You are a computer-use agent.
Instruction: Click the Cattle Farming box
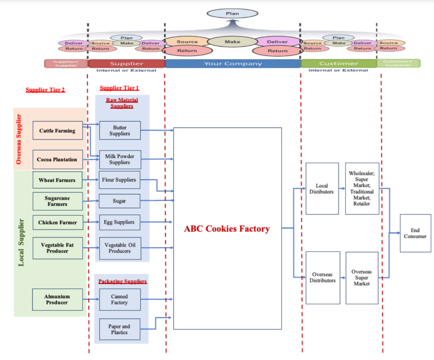coord(57,130)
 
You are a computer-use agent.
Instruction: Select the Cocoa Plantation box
coord(57,160)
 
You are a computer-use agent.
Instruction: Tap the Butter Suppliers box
coord(120,130)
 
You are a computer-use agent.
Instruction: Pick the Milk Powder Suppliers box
coord(120,159)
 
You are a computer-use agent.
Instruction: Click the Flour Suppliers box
coord(120,180)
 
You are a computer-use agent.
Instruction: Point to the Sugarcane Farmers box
coord(57,201)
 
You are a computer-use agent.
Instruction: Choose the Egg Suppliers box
coord(120,222)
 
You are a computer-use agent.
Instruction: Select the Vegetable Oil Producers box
coord(120,248)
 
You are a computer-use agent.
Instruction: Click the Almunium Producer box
coord(57,299)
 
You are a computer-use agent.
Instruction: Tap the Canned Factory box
coord(120,299)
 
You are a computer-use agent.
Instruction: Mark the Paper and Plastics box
coord(120,330)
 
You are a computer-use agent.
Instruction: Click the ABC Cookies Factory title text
coord(227,229)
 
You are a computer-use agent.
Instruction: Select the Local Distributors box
coord(322,188)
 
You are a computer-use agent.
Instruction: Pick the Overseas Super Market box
coord(362,278)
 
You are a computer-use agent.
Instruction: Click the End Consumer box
coord(415,233)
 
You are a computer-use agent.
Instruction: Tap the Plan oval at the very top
coord(232,14)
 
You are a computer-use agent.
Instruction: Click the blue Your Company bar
coord(233,64)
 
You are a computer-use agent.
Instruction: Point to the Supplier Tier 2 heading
coord(45,90)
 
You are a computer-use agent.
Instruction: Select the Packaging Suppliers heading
coord(122,281)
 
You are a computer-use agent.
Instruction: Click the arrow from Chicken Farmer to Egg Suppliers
coord(91,222)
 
